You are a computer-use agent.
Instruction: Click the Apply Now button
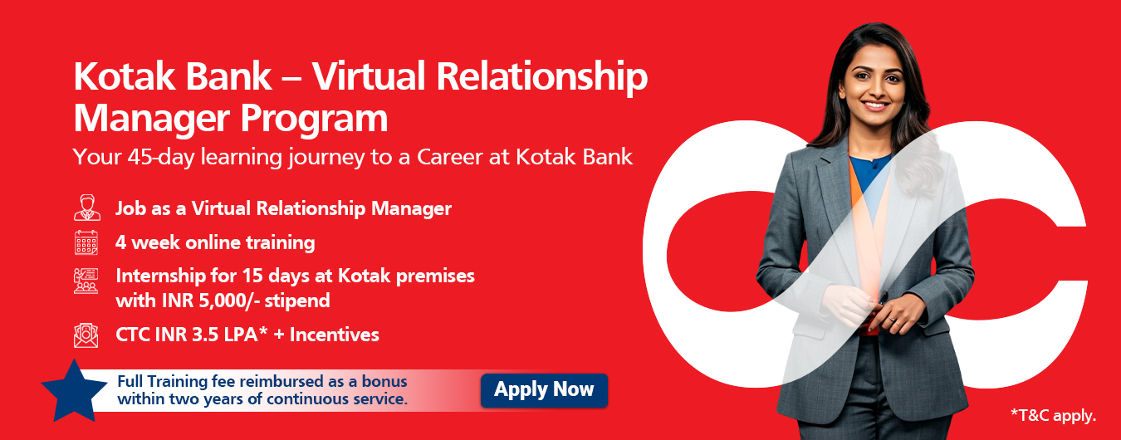(x=544, y=390)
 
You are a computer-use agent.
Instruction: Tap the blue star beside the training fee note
(x=74, y=392)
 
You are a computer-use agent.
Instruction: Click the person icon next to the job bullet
(x=87, y=208)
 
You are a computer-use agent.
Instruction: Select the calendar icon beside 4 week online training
(x=86, y=242)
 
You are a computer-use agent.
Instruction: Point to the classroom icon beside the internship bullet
(x=86, y=281)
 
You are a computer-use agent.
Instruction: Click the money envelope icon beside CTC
(x=86, y=335)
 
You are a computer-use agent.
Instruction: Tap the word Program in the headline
(x=314, y=120)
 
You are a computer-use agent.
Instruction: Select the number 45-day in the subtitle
(x=160, y=157)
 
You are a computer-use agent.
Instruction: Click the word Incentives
(x=335, y=335)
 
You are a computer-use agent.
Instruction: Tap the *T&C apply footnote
(x=1054, y=415)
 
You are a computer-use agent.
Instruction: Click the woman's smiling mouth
(x=875, y=105)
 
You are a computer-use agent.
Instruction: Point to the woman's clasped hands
(x=874, y=308)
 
